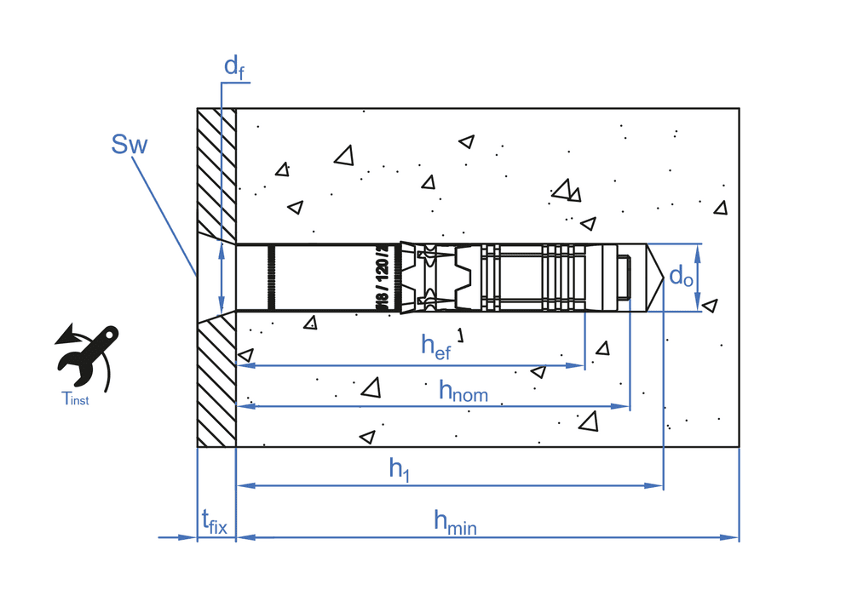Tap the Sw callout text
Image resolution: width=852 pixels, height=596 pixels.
click(130, 145)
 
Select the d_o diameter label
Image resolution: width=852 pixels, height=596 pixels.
click(681, 276)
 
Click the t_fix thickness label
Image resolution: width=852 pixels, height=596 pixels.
click(214, 521)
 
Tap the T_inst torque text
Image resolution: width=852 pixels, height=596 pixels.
click(75, 398)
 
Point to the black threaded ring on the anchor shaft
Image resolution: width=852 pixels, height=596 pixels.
click(271, 277)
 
